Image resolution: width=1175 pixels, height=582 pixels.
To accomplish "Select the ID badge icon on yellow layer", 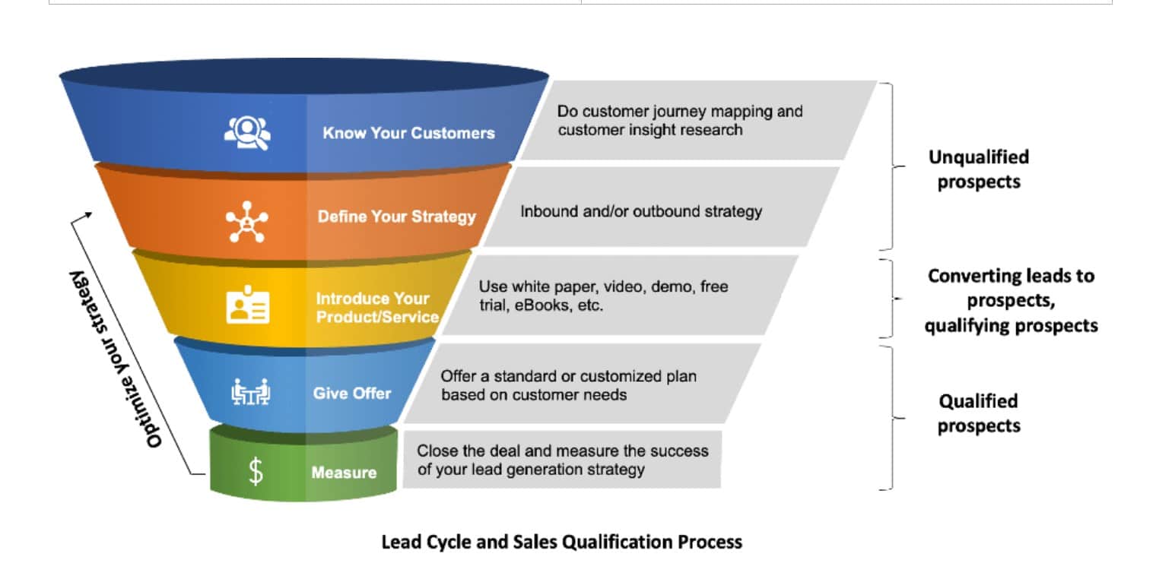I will coord(247,305).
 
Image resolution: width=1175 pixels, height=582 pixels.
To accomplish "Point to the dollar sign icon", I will coord(256,472).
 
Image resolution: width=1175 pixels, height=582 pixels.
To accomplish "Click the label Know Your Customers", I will coord(408,133).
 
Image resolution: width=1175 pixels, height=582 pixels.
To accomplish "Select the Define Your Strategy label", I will coord(396,217).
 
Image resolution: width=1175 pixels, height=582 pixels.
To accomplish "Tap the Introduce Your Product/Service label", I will coord(377,308).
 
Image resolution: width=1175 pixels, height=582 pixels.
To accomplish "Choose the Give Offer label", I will coord(351,394).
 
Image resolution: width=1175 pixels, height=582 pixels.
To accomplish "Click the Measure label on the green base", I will coord(344,473).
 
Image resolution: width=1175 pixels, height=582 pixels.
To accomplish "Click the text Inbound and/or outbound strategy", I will coord(640,211).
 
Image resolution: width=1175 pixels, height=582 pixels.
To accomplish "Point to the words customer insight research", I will coord(649,130).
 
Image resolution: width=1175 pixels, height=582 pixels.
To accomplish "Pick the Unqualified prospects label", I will coord(978,169).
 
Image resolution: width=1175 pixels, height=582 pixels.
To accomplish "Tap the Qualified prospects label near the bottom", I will coord(978,413).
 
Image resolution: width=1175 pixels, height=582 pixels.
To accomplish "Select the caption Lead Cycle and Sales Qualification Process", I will coord(561,542).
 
